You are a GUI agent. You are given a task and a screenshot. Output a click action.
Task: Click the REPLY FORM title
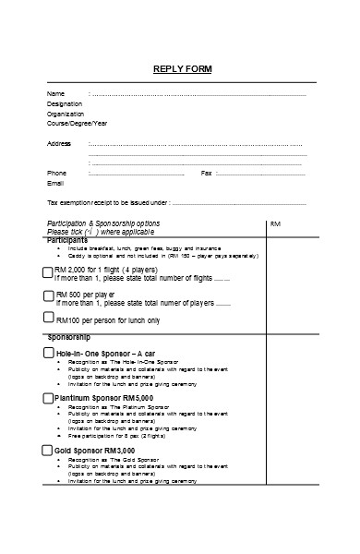tap(181, 67)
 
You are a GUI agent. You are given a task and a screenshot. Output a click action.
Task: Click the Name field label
tap(55, 93)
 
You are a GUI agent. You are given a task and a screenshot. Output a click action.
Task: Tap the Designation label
tap(64, 103)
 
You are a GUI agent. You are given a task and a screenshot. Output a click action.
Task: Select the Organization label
tap(65, 114)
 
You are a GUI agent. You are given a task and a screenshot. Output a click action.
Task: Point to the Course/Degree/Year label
tap(77, 123)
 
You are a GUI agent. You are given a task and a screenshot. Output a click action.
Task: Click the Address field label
tap(58, 143)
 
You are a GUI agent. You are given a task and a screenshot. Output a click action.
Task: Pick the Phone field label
tap(56, 173)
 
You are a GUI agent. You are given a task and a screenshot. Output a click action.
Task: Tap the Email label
tap(55, 183)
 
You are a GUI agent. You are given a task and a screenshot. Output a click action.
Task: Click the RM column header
tap(275, 223)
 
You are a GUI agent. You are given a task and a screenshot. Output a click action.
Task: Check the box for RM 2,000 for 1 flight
tap(48, 271)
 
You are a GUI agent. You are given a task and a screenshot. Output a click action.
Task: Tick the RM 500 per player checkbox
tap(48, 295)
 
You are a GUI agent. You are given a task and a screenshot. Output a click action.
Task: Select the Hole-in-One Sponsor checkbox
tap(48, 353)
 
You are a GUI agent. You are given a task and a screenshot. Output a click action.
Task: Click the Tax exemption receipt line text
tap(108, 202)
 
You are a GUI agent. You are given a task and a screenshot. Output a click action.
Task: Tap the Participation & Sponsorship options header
tap(102, 223)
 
